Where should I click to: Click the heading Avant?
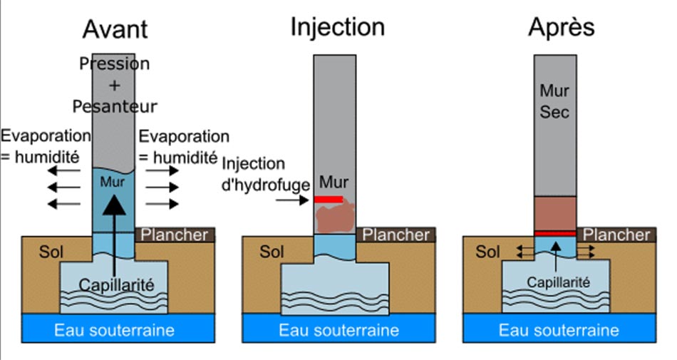[115, 29]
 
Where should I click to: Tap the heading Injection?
[337, 27]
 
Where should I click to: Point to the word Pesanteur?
[114, 107]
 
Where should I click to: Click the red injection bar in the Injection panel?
[329, 200]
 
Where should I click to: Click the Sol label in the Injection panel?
[272, 252]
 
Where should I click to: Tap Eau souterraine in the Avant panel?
[115, 330]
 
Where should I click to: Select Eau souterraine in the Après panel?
[559, 330]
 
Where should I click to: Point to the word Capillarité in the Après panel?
[558, 282]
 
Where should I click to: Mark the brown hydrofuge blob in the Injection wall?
[334, 218]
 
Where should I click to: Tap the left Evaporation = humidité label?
[46, 145]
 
